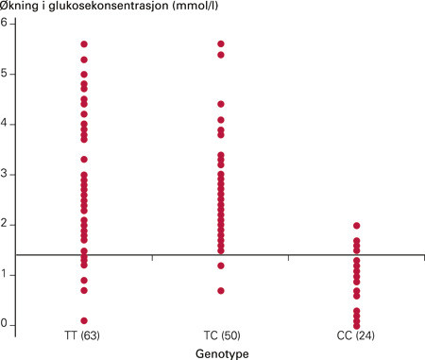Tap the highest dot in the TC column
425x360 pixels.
[221, 44]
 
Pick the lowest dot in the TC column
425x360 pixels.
[221, 290]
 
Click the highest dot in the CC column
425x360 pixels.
[356, 226]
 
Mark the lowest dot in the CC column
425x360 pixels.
[356, 325]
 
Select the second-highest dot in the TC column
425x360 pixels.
[221, 55]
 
